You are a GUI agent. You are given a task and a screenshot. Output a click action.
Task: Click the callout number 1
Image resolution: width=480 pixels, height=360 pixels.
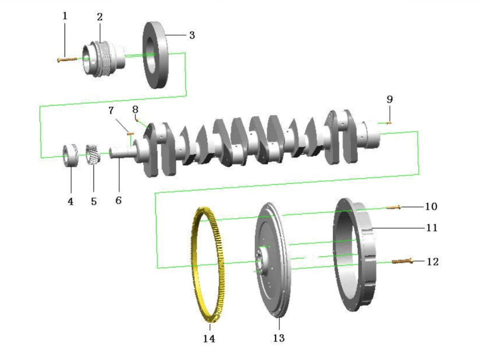[x=65, y=16]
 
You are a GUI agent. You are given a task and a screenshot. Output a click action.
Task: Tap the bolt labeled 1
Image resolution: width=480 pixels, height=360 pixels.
[x=67, y=60]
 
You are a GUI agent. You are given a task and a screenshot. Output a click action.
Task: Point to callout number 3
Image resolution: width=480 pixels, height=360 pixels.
[x=192, y=35]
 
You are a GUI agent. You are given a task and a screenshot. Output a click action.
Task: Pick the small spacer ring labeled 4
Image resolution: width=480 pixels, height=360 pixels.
[x=70, y=156]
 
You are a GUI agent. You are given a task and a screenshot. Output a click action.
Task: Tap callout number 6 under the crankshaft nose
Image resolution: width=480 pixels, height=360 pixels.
[x=119, y=200]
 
